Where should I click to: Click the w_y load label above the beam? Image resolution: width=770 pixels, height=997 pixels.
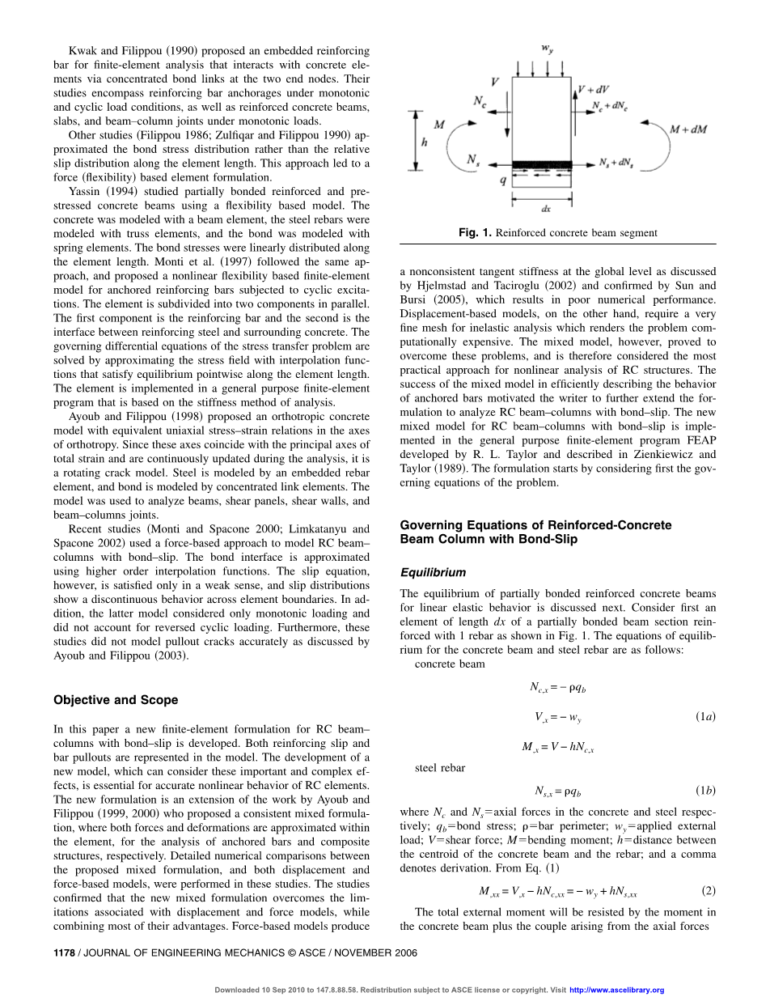548,49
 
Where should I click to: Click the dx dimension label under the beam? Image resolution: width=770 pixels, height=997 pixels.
547,208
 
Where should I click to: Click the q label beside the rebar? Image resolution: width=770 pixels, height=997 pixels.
503,181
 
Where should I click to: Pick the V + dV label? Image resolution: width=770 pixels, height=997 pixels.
594,90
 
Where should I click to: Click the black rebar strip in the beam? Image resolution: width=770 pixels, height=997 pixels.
547,164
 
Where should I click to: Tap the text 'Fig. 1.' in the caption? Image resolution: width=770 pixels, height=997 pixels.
475,233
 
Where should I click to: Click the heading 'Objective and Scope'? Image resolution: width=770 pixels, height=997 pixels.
116,700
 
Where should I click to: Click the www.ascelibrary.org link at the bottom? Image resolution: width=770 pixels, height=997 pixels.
617,990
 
